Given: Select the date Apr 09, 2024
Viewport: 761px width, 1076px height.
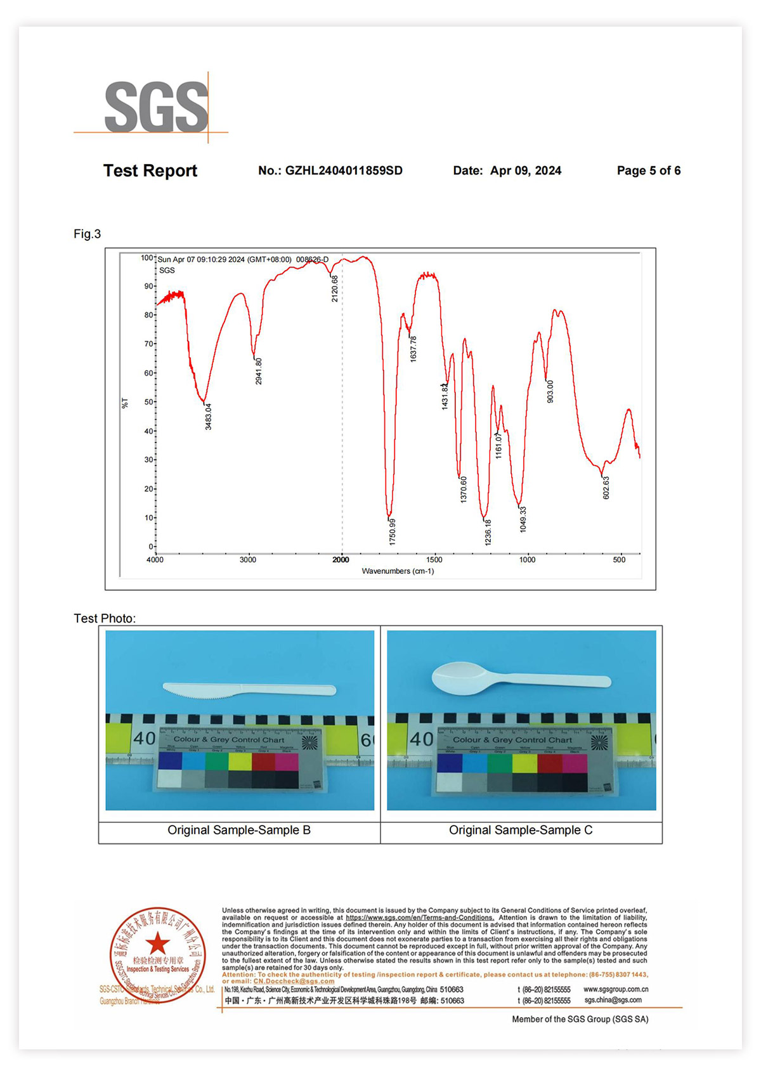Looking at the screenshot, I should (525, 171).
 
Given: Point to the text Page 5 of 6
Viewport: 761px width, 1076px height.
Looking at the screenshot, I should (648, 171).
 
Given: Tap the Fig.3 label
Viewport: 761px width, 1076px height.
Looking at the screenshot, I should (88, 234).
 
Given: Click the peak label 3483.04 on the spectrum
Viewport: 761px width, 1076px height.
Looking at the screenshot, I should (209, 417).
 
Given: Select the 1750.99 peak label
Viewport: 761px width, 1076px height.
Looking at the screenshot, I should (393, 531).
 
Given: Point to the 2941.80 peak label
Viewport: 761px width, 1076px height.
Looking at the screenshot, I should (259, 371).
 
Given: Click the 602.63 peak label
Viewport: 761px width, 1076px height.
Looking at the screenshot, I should (606, 488).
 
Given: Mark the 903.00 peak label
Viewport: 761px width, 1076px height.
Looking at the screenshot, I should (550, 391).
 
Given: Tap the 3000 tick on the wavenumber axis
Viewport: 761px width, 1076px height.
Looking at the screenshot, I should (248, 560).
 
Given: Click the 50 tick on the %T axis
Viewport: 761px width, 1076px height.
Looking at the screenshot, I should (148, 402).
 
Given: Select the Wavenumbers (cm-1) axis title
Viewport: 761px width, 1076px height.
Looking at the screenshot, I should (398, 571).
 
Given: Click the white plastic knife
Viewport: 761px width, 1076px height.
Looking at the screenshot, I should (249, 690).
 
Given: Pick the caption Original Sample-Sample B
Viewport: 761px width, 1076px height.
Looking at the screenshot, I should (239, 830).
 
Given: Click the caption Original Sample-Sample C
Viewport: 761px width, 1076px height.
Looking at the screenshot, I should (521, 830).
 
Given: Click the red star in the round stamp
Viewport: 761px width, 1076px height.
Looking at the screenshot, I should (157, 943).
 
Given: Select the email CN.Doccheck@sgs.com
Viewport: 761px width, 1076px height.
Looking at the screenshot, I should (294, 981).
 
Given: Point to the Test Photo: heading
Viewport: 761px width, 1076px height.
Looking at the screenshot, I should (105, 618).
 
